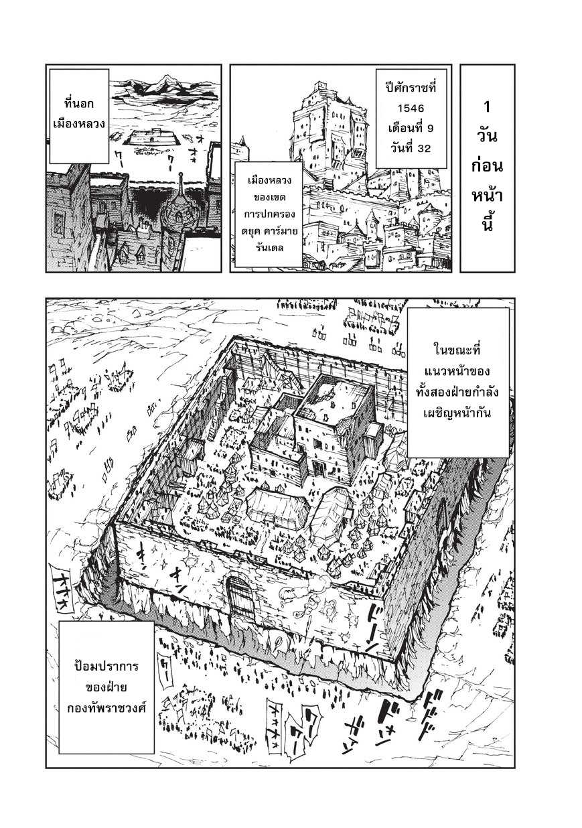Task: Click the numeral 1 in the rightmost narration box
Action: pos(487,107)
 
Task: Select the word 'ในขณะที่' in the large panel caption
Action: pos(458,350)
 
